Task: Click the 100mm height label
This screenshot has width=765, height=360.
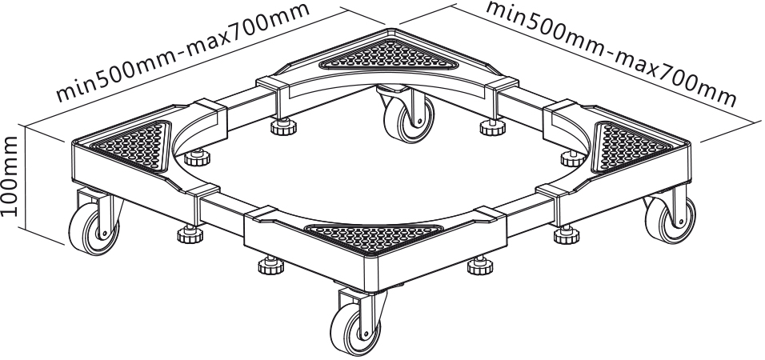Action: point(10,176)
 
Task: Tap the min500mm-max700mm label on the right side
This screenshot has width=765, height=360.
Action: point(611,53)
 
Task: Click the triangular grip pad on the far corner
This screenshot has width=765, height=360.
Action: point(390,54)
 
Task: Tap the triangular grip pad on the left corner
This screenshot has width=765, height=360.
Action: point(133,145)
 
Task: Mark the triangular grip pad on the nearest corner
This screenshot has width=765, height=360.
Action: point(373,238)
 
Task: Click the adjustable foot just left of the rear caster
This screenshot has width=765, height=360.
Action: point(283,126)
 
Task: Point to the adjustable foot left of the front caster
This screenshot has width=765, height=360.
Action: point(271,264)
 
